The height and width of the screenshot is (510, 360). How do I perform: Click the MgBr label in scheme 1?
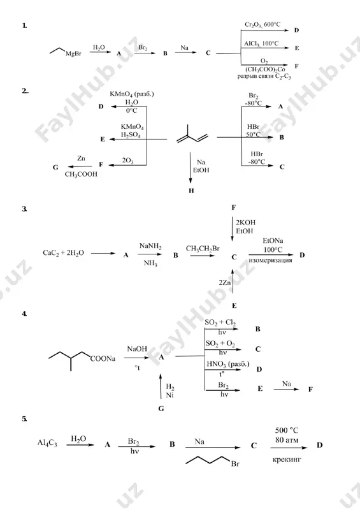73,54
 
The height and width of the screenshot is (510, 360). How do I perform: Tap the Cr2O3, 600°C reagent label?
263,25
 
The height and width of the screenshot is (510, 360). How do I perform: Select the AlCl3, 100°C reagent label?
261,43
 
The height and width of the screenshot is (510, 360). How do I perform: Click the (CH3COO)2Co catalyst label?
265,69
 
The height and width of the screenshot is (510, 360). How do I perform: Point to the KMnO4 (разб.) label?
132,94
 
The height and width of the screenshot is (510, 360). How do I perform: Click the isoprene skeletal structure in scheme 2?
192,134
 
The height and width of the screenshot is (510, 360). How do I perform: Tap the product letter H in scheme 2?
191,191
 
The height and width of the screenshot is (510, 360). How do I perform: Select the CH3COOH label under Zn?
81,174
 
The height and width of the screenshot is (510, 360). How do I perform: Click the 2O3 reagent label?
127,161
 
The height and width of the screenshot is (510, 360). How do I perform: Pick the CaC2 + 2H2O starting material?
64,253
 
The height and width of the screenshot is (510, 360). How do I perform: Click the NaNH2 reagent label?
150,246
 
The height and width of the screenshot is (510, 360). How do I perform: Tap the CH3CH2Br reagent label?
203,249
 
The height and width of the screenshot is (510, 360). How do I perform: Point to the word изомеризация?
270,260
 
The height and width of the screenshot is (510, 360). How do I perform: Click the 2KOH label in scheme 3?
246,222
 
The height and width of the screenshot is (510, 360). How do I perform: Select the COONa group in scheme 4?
103,359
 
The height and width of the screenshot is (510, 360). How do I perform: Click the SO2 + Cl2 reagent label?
220,323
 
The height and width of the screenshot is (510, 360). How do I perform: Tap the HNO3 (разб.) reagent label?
228,364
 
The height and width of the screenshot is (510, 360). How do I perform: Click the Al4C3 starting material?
47,443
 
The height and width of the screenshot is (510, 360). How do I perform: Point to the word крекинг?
287,460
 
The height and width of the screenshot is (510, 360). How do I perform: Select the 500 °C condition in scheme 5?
287,430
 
